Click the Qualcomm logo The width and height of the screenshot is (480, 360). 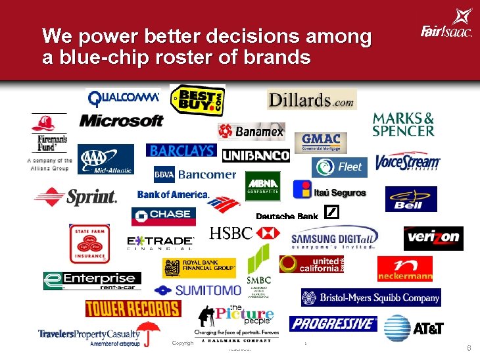124,97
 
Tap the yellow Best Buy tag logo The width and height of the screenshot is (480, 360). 197,102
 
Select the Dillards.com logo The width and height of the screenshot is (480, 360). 311,100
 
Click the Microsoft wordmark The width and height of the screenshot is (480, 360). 121,121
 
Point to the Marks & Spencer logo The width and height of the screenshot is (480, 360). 403,124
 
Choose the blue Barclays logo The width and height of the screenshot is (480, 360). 182,151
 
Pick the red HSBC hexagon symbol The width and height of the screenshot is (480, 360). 267,233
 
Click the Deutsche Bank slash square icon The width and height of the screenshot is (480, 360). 333,213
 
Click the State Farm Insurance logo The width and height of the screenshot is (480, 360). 89,244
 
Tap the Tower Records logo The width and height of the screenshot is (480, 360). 132,309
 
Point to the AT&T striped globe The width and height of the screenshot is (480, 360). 397,327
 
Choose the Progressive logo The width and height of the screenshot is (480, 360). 333,324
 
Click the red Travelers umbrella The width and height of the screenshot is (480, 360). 149,331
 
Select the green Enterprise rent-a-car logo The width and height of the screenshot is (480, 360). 92,281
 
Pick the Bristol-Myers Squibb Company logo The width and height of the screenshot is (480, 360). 371,297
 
